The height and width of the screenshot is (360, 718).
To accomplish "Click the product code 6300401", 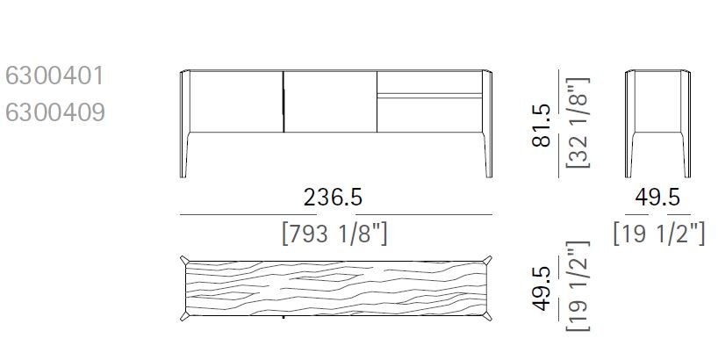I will coord(54,76).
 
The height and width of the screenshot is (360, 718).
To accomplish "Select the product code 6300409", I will coord(54,112).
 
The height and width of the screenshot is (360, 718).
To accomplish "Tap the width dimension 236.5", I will coord(333,198).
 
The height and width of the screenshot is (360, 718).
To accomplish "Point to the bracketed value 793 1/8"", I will coord(334,234).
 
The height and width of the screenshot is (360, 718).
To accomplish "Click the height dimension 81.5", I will coord(542,125).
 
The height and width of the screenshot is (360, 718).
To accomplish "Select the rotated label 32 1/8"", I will coord(577,123).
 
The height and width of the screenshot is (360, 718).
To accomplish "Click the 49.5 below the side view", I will coord(657,198).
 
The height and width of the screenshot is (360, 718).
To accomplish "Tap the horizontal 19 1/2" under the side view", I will coord(658,234).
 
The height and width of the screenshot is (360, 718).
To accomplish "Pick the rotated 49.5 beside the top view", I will coord(542,289).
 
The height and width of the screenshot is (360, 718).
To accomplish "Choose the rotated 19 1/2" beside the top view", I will coord(577,287).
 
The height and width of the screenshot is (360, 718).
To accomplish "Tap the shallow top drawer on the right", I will coord(429,81).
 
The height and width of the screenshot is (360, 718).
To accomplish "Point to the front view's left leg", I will coord(185,154).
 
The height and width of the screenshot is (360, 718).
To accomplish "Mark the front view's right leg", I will coord(488,154).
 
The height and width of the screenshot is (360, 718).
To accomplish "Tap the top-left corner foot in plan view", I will coord(184,261).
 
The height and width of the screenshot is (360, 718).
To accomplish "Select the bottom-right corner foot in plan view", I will coord(487,313).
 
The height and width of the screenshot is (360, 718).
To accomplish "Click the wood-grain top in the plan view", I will coord(335,286).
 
